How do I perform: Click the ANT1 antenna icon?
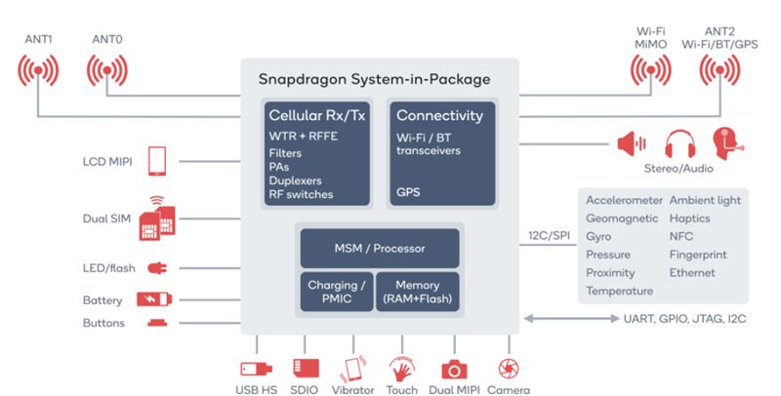(x=39, y=72)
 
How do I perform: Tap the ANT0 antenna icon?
(x=108, y=72)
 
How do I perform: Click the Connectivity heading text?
(x=439, y=116)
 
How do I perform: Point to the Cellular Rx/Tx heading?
(x=316, y=116)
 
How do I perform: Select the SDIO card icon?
(x=305, y=370)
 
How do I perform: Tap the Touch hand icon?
(x=400, y=370)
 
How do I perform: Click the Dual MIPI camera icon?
(x=453, y=370)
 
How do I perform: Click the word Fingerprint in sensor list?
(x=697, y=255)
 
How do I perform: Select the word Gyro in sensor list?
(x=598, y=237)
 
